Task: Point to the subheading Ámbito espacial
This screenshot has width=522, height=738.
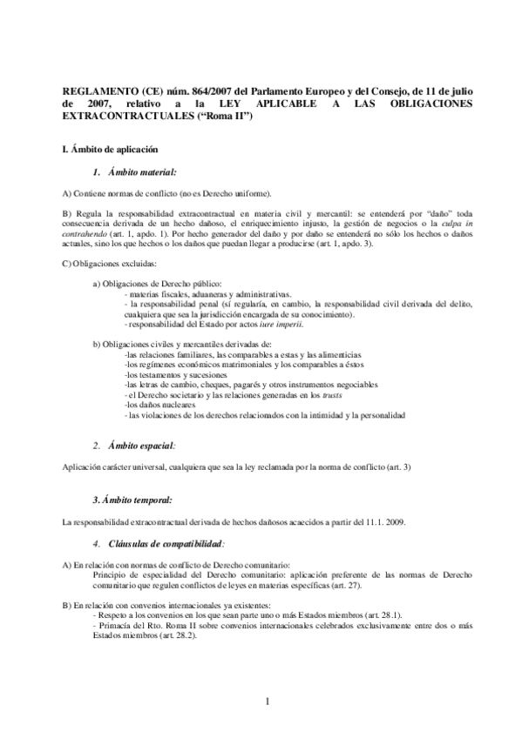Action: (144, 444)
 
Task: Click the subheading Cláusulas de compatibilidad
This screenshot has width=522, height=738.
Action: (166, 543)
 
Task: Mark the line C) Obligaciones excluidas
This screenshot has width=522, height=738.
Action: (110, 263)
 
